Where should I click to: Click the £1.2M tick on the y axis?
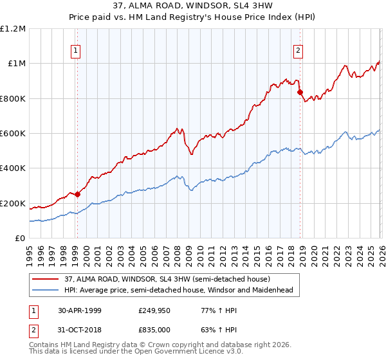pos(14,29)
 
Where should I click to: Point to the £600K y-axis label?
pos(13,134)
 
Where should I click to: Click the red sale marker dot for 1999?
pos(78,194)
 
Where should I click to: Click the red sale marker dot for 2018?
pos(300,93)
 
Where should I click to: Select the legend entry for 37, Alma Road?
pos(167,279)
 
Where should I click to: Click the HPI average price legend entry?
pos(178,290)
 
